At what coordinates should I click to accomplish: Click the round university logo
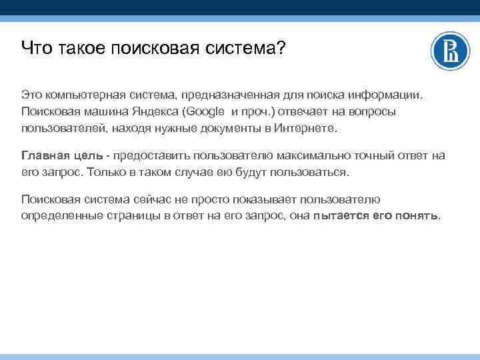451,51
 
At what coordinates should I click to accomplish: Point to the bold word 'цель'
87,155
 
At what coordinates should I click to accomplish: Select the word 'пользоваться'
311,171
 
